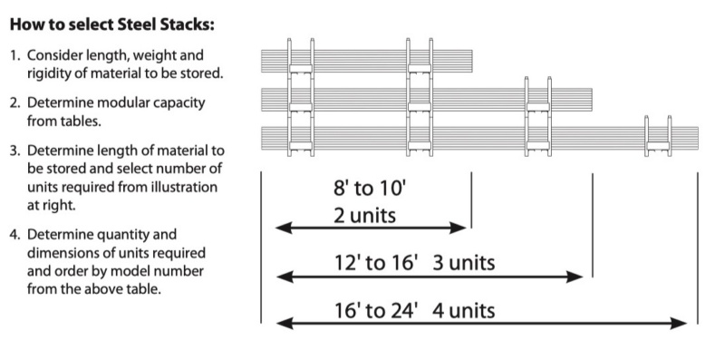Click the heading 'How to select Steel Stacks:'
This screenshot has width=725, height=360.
[112, 20]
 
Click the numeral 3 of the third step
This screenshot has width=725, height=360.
[14, 150]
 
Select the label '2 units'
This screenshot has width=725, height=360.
[365, 217]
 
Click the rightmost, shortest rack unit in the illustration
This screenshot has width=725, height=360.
[658, 139]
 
